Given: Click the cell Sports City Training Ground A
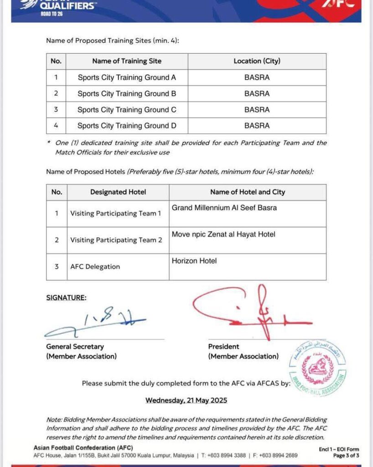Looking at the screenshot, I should click(127, 78).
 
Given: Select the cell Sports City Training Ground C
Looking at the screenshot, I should click(127, 110).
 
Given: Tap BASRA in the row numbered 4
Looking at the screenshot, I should click(257, 126).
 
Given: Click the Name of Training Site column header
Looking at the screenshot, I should click(127, 61).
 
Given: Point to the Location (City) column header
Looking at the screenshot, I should click(257, 61).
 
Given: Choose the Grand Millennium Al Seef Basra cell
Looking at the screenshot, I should click(224, 208).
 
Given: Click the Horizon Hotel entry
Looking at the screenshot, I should click(194, 261).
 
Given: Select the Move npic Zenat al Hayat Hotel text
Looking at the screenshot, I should click(223, 234).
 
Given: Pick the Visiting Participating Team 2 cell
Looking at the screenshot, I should click(116, 240).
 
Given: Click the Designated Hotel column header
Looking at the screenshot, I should click(118, 192).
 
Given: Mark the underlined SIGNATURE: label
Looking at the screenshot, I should click(66, 298).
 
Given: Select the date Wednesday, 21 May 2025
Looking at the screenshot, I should click(186, 400).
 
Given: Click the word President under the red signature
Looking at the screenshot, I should click(224, 347).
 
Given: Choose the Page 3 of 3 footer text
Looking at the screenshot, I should click(346, 456).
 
